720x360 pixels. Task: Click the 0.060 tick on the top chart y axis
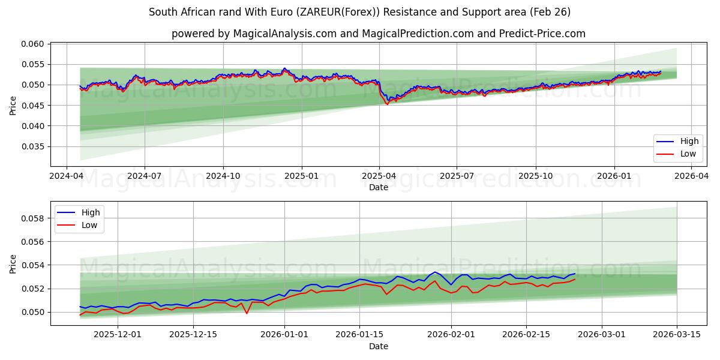pyautogui.click(x=33, y=44)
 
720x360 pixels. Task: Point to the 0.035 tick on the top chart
pyautogui.click(x=33, y=146)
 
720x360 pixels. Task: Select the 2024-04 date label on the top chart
pyautogui.click(x=67, y=176)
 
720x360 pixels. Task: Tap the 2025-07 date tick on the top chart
pyautogui.click(x=457, y=176)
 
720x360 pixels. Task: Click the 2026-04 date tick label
pyautogui.click(x=691, y=176)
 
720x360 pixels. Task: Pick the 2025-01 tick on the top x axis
pyautogui.click(x=301, y=176)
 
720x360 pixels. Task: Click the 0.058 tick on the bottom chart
pyautogui.click(x=33, y=218)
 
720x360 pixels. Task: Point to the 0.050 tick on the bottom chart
pyautogui.click(x=33, y=312)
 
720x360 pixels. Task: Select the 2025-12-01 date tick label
pyautogui.click(x=117, y=334)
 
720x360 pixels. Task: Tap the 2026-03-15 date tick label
pyautogui.click(x=677, y=334)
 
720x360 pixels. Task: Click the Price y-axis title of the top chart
pyautogui.click(x=13, y=105)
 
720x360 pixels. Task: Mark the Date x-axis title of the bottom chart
pyautogui.click(x=378, y=346)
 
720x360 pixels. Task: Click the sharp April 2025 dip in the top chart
pyautogui.click(x=387, y=103)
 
